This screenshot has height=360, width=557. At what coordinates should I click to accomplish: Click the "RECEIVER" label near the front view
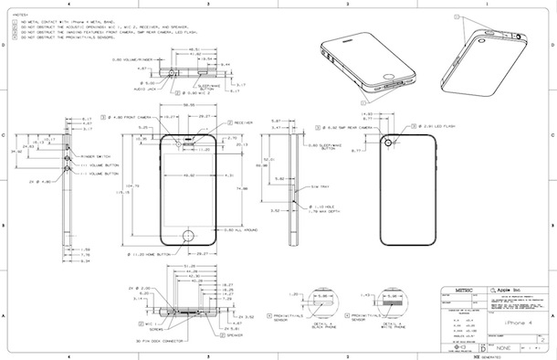coord(243,122)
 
